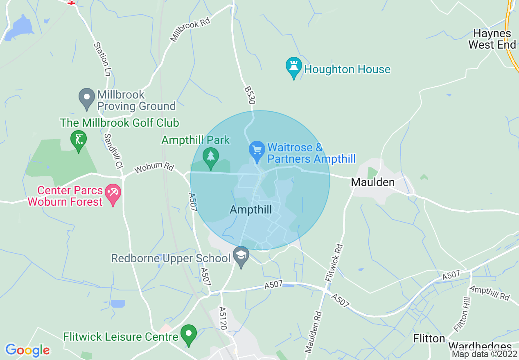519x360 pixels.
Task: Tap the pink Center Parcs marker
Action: click(113, 194)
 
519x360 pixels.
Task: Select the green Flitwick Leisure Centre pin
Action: click(189, 334)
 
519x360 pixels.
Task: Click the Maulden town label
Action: click(373, 182)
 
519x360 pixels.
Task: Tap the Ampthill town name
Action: click(251, 210)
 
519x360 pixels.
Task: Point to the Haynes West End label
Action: click(492, 39)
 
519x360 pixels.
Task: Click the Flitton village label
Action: click(429, 338)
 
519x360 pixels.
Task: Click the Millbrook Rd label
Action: click(190, 29)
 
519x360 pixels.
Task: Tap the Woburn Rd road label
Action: click(154, 169)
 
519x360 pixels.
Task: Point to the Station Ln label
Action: click(102, 59)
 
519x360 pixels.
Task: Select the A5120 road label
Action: click(223, 319)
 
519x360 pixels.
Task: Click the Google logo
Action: click(27, 350)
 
